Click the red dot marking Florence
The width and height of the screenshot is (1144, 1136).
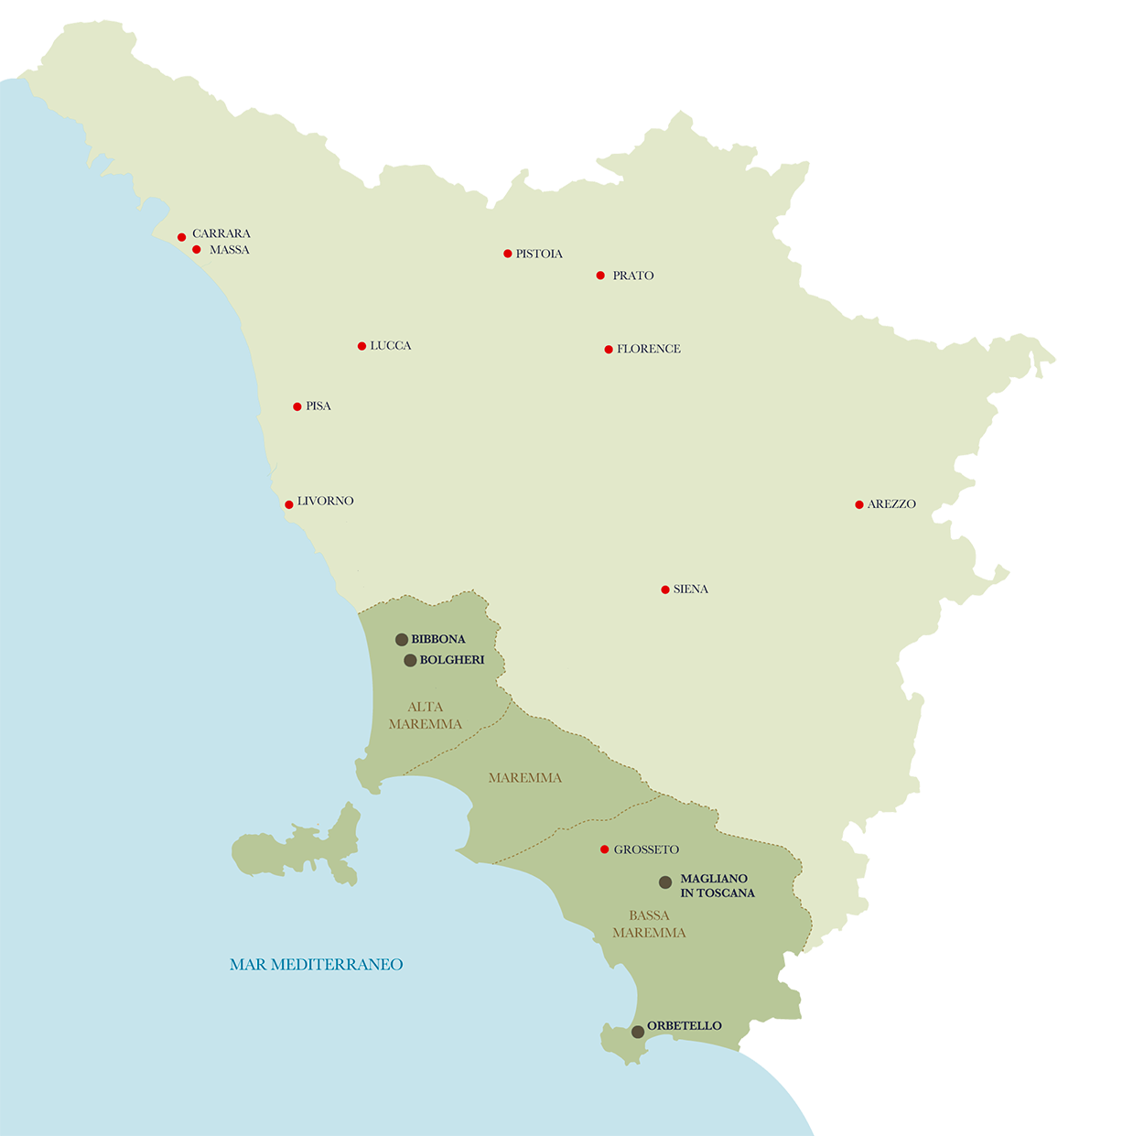click(609, 350)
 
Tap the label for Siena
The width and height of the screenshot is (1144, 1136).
click(690, 590)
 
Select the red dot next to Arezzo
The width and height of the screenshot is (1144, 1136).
click(859, 504)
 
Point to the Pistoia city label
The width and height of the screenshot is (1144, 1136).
click(539, 254)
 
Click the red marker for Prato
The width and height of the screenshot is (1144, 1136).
click(600, 276)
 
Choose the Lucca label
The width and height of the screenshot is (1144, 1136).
click(391, 346)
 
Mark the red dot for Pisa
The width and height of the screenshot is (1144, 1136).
click(297, 406)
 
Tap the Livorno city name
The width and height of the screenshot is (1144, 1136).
click(325, 502)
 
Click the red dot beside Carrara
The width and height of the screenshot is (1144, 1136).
click(182, 237)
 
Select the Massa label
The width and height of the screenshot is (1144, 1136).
click(229, 250)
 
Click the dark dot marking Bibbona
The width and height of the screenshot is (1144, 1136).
click(402, 640)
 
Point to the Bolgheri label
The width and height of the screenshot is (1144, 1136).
click(452, 660)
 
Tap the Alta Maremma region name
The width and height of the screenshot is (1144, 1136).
click(426, 716)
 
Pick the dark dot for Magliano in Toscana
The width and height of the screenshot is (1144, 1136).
click(665, 882)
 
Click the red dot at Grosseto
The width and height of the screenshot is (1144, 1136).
click(604, 849)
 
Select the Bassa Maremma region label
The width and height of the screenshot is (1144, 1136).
click(649, 925)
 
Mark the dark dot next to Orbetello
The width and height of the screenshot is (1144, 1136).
click(638, 1032)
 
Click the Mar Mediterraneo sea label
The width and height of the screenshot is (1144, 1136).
click(316, 965)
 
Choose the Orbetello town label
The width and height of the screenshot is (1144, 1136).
click(685, 1026)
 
